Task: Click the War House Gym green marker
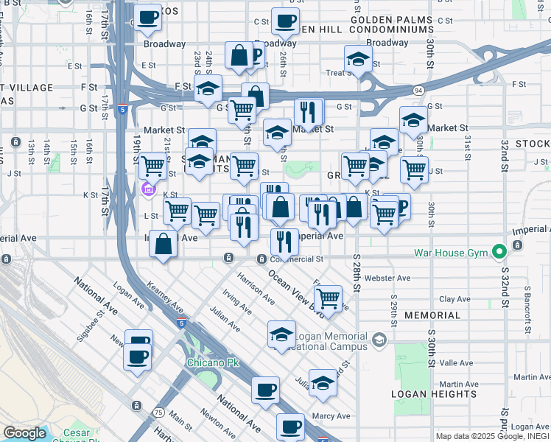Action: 499,253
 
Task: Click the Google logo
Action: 24,433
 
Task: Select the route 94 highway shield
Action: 418,91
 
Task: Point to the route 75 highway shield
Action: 159,413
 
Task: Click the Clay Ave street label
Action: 455,299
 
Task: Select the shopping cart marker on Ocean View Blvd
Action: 328,298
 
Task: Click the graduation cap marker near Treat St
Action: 358,60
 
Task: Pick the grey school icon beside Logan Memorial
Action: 379,340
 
